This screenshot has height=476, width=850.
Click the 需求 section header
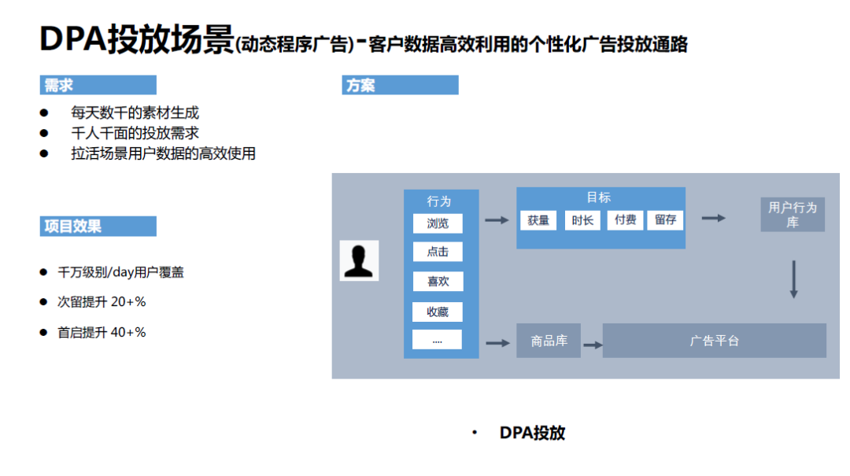click(x=98, y=85)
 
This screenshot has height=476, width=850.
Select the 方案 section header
click(x=400, y=85)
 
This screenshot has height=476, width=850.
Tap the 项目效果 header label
click(x=98, y=227)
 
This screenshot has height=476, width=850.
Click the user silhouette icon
click(x=359, y=260)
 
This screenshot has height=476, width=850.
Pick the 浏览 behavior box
click(x=438, y=223)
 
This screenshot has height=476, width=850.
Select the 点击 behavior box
click(x=438, y=253)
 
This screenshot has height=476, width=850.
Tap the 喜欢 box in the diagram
click(x=438, y=282)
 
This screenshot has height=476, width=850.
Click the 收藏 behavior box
click(x=438, y=312)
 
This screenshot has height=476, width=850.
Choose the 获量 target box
click(x=538, y=220)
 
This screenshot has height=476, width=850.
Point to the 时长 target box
click(x=582, y=220)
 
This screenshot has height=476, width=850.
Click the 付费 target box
click(x=626, y=220)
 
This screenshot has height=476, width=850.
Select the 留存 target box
click(x=666, y=220)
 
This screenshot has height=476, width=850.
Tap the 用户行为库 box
click(x=793, y=215)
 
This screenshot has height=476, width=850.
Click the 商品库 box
click(x=549, y=341)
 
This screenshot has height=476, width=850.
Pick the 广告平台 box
click(x=714, y=341)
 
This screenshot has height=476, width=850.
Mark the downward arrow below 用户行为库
click(x=793, y=279)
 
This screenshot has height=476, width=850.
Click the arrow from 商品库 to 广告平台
click(x=593, y=344)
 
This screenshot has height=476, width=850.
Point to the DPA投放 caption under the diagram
click(x=532, y=433)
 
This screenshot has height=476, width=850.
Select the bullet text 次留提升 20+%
click(x=102, y=302)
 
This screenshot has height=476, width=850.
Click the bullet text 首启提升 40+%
click(x=102, y=332)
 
